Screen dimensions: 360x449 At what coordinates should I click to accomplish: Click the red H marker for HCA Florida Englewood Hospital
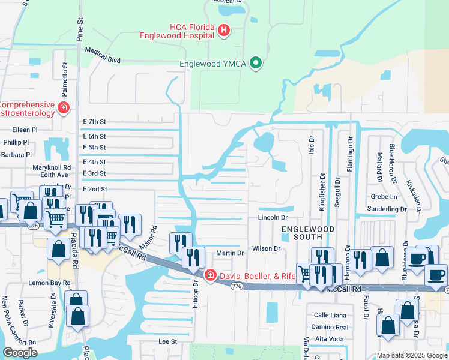click(224, 29)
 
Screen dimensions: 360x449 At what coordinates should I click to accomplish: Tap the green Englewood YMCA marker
click(256, 63)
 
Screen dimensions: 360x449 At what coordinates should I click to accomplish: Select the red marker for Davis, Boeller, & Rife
click(210, 275)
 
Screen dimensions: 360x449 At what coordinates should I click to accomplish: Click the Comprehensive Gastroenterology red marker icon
click(64, 108)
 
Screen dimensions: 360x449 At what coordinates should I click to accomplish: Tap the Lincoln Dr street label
click(273, 217)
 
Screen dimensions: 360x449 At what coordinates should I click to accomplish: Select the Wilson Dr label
click(267, 248)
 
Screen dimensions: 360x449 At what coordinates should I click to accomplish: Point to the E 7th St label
click(95, 121)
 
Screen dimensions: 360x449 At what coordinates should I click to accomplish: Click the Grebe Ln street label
click(385, 196)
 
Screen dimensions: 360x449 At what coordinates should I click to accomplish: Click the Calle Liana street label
click(329, 314)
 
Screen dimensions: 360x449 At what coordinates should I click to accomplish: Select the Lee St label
click(167, 341)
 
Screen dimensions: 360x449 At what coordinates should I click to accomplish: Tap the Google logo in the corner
click(20, 352)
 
